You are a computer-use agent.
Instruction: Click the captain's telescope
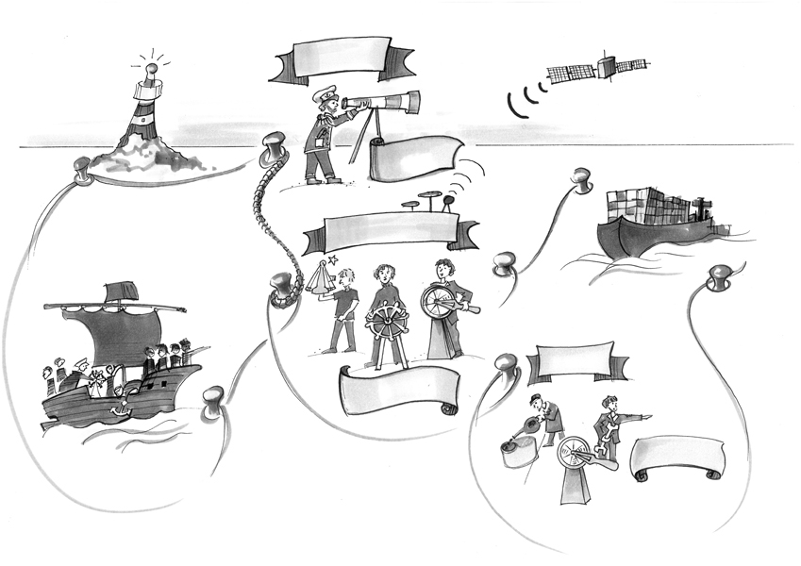[383, 101]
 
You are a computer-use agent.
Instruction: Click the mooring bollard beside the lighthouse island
[79, 170]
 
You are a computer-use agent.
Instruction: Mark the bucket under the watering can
[514, 457]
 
